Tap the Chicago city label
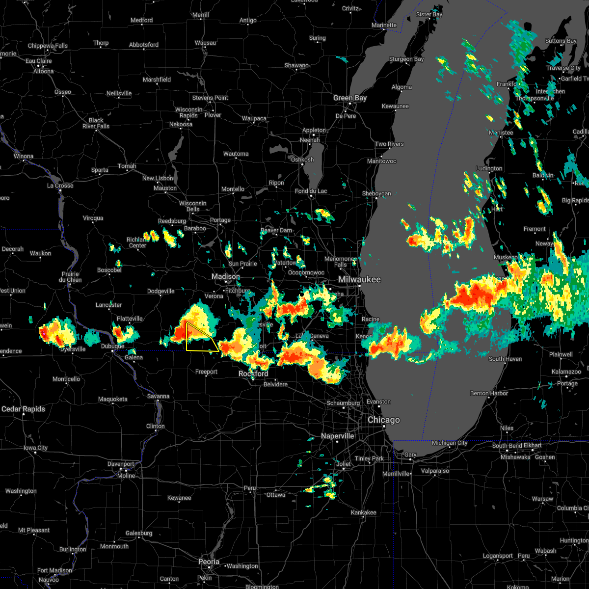[x=384, y=420]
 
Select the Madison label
[x=226, y=277]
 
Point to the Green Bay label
[x=350, y=98]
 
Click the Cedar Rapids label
[x=23, y=409]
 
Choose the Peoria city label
[x=209, y=562]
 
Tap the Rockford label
[x=253, y=374]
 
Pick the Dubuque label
[x=112, y=346]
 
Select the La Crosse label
[x=60, y=186]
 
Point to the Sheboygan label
[x=376, y=194]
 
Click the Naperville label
[x=338, y=436]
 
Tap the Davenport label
[x=121, y=464]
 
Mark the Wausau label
[x=205, y=43]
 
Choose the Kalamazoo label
[x=566, y=372]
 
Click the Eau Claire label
[x=39, y=61]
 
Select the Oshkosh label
[x=302, y=160]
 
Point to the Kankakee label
[x=364, y=512]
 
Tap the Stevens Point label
[x=210, y=98]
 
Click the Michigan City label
[x=450, y=443]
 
